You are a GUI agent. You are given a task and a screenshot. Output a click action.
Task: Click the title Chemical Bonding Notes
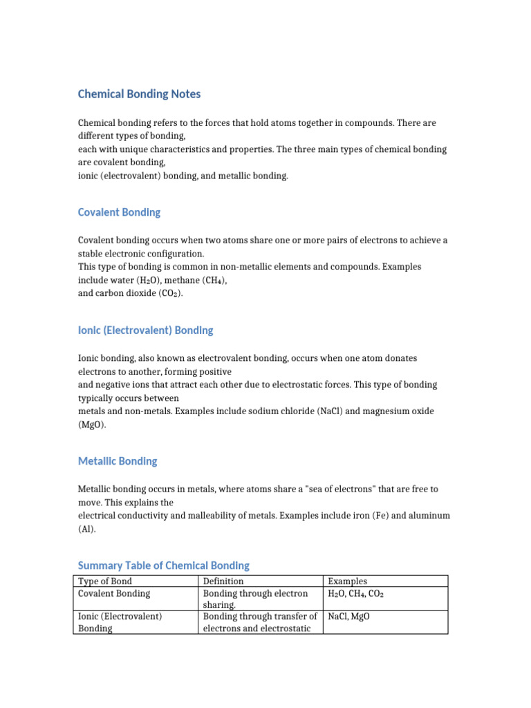[139, 94]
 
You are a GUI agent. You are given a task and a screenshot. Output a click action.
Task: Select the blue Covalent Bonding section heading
[119, 212]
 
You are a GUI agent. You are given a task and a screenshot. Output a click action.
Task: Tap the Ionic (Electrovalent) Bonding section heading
[145, 330]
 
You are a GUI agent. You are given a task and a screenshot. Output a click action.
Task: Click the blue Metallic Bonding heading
[118, 461]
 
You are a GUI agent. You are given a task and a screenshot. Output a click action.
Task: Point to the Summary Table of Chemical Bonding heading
[163, 566]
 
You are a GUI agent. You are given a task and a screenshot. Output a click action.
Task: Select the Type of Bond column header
[104, 581]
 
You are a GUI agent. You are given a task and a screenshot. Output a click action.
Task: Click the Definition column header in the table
[223, 581]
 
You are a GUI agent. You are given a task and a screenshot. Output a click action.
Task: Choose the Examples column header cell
[348, 581]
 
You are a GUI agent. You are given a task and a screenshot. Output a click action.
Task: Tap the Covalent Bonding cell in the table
[114, 593]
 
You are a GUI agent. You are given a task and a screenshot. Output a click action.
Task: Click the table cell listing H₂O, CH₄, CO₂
[357, 593]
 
